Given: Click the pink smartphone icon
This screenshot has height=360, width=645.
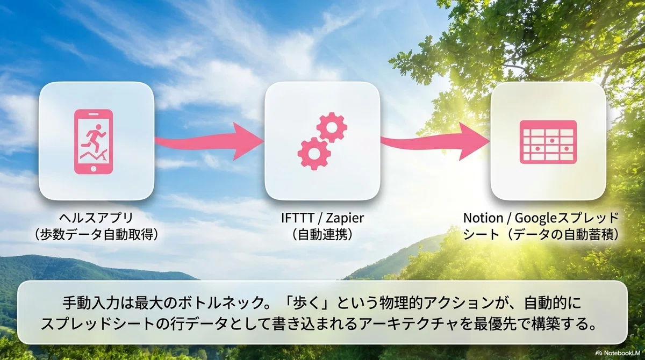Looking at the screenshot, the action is point(94,142).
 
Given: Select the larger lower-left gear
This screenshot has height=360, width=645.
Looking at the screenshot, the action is point(313,153).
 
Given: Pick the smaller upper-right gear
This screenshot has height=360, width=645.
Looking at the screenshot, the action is point(332,127).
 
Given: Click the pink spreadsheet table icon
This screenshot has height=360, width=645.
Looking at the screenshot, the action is point(548,142).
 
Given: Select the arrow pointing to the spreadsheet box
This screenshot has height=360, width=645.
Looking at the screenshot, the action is point(435,141).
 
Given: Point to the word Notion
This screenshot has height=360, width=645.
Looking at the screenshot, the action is point(483,218).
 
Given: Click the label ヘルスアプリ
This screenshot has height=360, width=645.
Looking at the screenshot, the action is point(96,218).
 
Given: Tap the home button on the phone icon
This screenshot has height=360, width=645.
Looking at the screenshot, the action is point(94,169).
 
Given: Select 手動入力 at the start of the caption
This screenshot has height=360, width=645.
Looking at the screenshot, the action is point(91,303).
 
